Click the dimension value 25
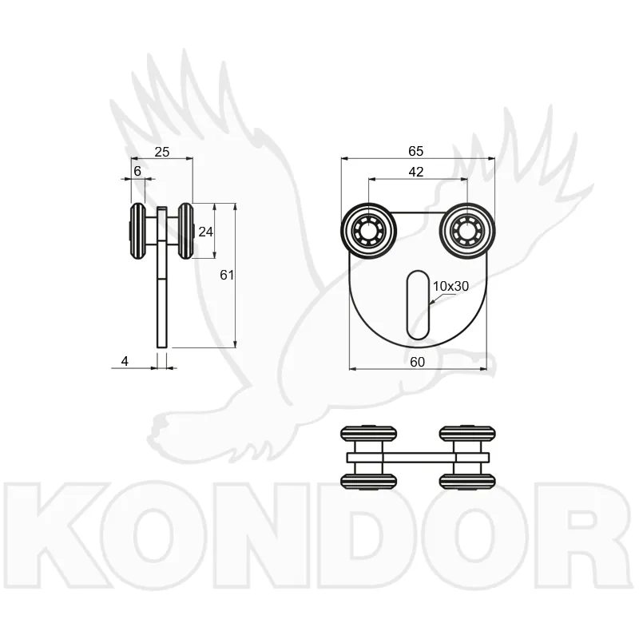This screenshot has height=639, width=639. coord(162,152)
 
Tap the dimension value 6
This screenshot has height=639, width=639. coord(137,171)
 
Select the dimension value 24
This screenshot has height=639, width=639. coord(205,232)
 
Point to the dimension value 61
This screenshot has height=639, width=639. coord(227,275)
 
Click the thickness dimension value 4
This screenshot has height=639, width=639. coord(125,361)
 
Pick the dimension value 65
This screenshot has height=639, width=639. coord(415,151)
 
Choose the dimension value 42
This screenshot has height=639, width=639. coord(415,172)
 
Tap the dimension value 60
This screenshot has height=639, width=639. coord(417,362)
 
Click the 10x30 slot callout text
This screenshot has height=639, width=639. coord(450,286)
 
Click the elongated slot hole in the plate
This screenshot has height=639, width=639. coord(418,305)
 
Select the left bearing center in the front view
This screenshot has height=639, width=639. coord(368,231)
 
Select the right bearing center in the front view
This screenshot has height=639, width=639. coord(467,231)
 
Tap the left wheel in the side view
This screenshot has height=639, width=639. coord(137,231)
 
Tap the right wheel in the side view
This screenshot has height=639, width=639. coord(186,231)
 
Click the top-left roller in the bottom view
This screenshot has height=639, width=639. coord(368,433)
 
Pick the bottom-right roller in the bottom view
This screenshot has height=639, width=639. coord(467,482)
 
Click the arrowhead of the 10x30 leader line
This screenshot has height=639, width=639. coord(432,303)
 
